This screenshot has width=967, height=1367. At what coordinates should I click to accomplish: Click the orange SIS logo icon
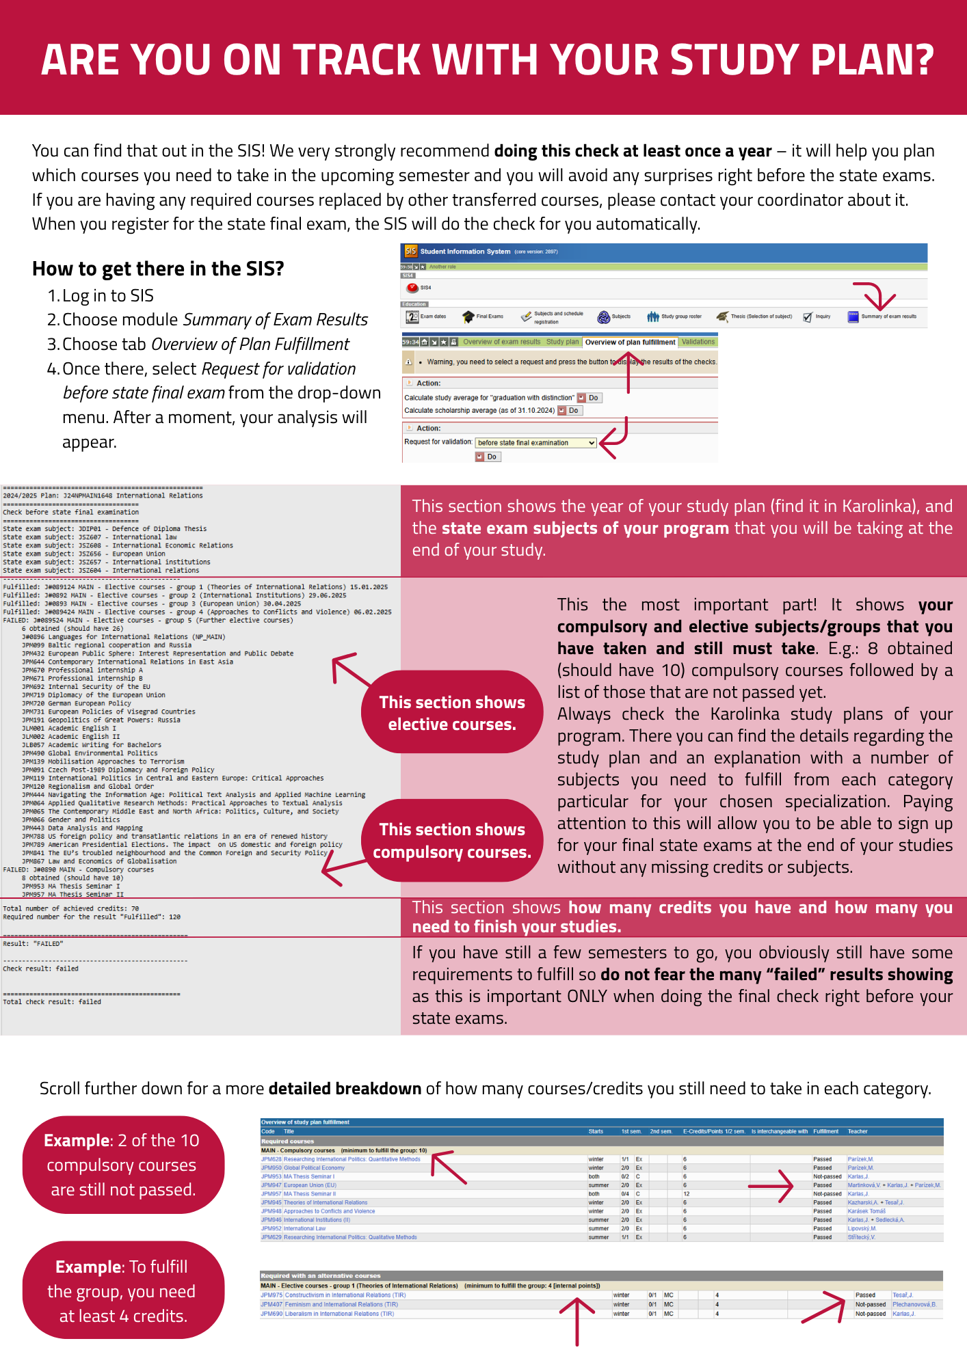pyautogui.click(x=410, y=252)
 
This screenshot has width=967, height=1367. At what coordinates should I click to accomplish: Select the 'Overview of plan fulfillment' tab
pyautogui.click(x=630, y=342)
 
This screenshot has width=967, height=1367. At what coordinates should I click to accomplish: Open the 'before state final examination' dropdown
pyautogui.click(x=536, y=443)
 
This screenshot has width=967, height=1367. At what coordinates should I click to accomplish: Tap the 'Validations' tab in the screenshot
pyautogui.click(x=698, y=342)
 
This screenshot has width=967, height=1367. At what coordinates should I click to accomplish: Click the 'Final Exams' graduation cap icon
pyautogui.click(x=468, y=316)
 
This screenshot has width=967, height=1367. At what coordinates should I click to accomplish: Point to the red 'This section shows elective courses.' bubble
pyautogui.click(x=452, y=713)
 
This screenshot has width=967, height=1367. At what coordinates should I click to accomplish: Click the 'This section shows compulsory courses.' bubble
pyautogui.click(x=452, y=841)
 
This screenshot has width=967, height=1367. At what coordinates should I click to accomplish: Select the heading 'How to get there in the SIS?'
pyautogui.click(x=158, y=269)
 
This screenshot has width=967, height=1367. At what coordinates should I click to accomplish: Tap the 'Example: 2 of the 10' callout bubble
pyautogui.click(x=122, y=1165)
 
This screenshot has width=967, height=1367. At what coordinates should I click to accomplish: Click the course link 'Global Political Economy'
pyautogui.click(x=314, y=1168)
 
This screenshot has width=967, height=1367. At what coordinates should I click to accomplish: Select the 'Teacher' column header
pyautogui.click(x=857, y=1131)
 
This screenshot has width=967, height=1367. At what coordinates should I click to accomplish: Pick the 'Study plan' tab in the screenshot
pyautogui.click(x=562, y=342)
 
